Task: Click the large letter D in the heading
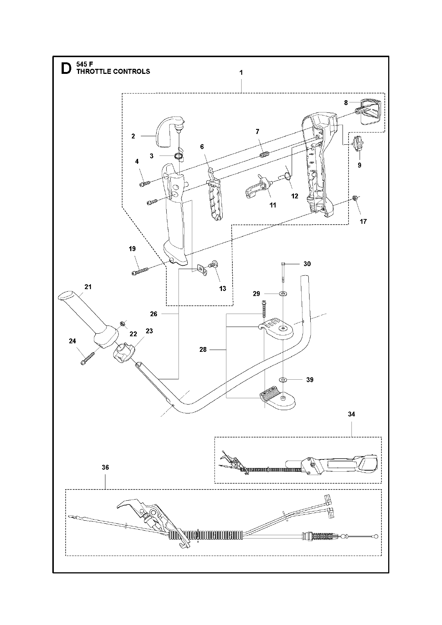click(x=66, y=69)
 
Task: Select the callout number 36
click(x=105, y=467)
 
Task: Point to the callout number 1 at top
click(x=241, y=73)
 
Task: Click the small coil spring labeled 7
click(x=265, y=154)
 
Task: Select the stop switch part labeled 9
click(x=358, y=143)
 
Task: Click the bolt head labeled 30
click(x=283, y=264)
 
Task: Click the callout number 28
click(x=203, y=350)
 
